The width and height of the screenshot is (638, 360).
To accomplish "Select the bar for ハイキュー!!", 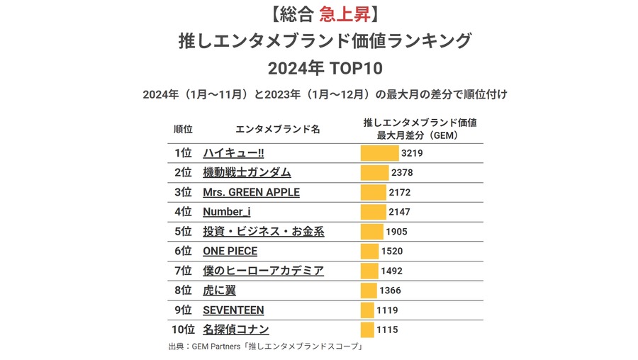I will (x=379, y=152).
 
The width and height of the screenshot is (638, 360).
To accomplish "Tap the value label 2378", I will (x=402, y=172).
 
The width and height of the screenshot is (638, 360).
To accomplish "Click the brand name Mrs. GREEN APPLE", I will (x=251, y=192).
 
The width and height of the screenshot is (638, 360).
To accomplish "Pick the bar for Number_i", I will (x=373, y=212).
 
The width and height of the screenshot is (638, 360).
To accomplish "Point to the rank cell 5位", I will (x=182, y=231).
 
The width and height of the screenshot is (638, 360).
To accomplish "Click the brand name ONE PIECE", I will (x=230, y=251).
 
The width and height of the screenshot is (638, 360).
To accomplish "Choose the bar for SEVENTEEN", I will (x=367, y=310).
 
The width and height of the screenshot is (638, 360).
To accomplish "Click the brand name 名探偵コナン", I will (x=236, y=330).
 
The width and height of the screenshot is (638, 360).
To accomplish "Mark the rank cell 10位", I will (x=182, y=330).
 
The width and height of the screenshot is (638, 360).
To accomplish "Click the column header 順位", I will (x=183, y=129).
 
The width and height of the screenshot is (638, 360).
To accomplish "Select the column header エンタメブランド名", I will (x=277, y=129).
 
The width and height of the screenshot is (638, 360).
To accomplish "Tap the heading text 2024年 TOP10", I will (x=318, y=69).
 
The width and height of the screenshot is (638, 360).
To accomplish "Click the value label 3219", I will (x=412, y=152).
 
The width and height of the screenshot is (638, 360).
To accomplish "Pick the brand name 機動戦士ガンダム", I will (x=247, y=172).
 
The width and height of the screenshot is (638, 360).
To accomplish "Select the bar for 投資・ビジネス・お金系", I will (x=371, y=231).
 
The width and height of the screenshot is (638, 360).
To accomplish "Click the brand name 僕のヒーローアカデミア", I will (x=263, y=271).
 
